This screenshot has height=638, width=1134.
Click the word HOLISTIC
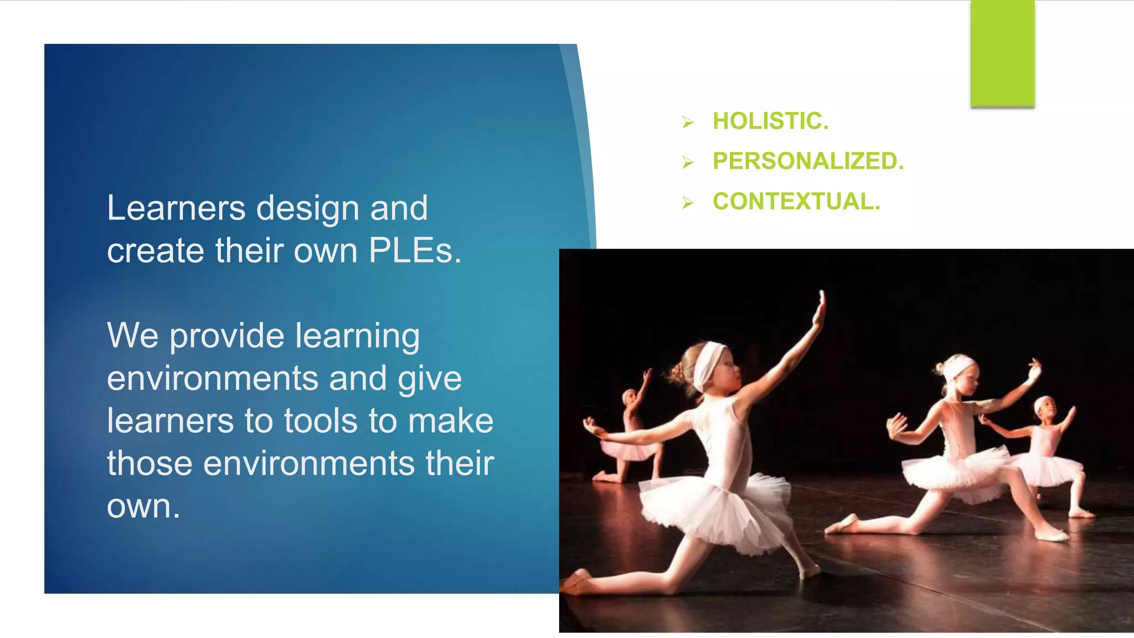point(770,121)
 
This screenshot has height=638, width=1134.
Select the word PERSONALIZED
point(808,161)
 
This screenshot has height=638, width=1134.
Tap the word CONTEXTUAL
point(796,202)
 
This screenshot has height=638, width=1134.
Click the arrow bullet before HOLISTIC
point(688,122)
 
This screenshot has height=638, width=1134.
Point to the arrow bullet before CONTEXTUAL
point(688,203)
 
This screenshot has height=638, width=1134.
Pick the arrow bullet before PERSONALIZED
point(688,162)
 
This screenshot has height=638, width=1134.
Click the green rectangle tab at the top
point(1002,53)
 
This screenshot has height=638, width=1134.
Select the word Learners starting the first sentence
point(176,209)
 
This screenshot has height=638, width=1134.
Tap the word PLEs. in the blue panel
point(415,251)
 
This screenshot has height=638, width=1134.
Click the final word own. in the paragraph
point(143,506)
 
